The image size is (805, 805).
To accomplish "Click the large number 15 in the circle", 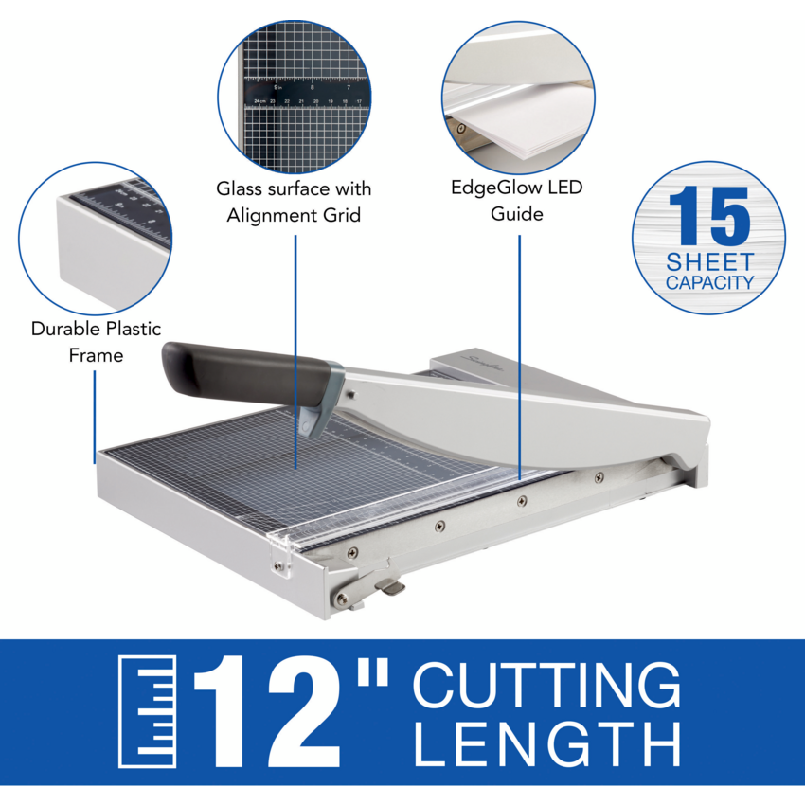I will point(709,217).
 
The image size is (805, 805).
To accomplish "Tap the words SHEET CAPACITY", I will point(709,272).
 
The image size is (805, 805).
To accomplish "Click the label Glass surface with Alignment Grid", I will point(294,202).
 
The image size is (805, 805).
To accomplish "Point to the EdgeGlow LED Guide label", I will point(517,200).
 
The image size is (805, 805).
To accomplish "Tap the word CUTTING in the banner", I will point(546,687).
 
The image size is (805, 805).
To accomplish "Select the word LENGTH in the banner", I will point(546,745).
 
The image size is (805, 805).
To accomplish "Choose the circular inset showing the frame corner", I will point(96,238).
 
